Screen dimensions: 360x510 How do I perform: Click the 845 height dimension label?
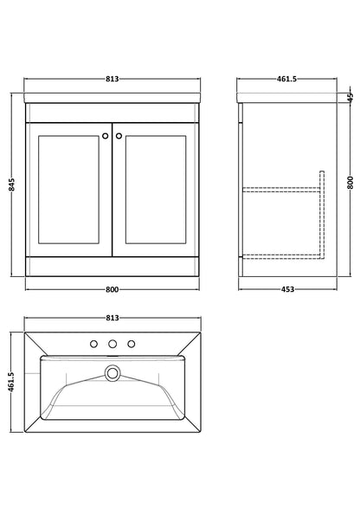[x=12, y=184]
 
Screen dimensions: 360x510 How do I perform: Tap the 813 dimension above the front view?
[x=112, y=79]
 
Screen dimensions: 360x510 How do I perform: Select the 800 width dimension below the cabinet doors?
[x=112, y=289]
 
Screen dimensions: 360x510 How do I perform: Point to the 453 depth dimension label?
[x=287, y=289]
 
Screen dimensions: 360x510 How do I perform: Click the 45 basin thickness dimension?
[x=350, y=97]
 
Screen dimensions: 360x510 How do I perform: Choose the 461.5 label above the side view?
[x=286, y=79]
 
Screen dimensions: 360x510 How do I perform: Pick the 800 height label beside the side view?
[x=350, y=183]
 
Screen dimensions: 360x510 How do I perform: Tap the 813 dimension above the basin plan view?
[x=112, y=318]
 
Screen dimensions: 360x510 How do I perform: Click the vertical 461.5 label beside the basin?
[x=12, y=382]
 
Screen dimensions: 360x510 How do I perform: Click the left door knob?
[x=105, y=136]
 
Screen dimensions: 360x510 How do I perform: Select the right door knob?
[x=119, y=136]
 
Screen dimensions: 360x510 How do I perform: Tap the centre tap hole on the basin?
[x=112, y=344]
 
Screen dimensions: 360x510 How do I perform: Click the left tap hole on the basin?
[x=93, y=344]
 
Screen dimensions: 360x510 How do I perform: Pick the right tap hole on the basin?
[x=132, y=344]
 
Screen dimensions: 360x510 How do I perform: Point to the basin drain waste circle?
[x=112, y=372]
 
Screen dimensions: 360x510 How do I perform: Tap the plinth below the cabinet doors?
[x=112, y=267]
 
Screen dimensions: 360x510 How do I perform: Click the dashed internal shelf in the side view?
[x=281, y=190]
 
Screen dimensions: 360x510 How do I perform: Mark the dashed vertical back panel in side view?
[x=322, y=215]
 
